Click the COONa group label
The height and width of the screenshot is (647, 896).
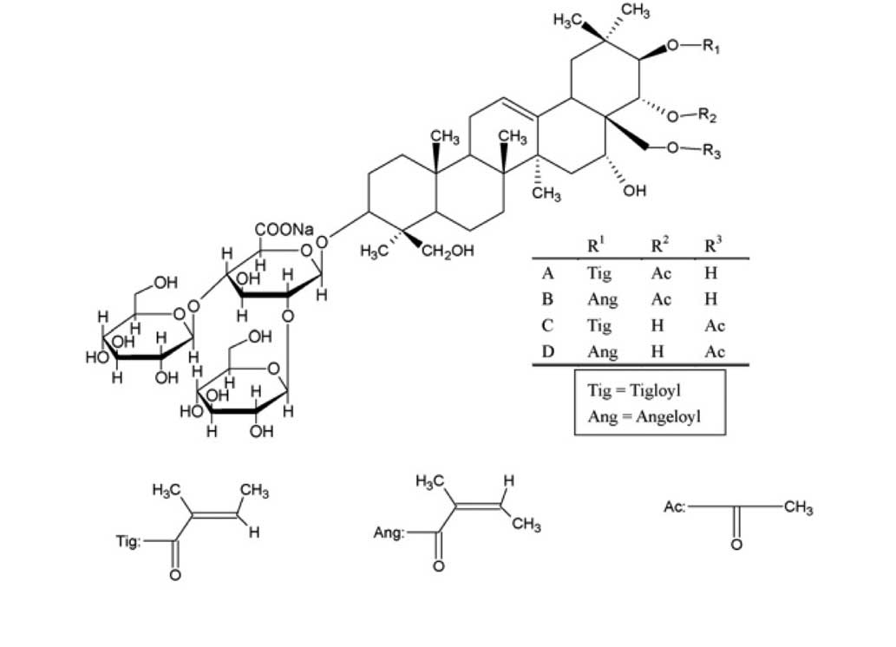tap(284, 230)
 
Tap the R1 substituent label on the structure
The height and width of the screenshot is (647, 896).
tap(710, 49)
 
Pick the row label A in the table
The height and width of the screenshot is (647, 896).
tap(547, 274)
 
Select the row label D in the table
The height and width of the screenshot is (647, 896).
tap(547, 351)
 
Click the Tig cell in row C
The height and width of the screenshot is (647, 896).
tap(599, 326)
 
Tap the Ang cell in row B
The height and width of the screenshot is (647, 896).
tap(602, 300)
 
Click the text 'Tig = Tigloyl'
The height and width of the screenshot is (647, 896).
tap(635, 390)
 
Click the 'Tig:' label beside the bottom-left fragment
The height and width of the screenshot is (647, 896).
tap(128, 541)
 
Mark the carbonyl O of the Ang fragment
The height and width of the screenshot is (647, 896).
tap(438, 567)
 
